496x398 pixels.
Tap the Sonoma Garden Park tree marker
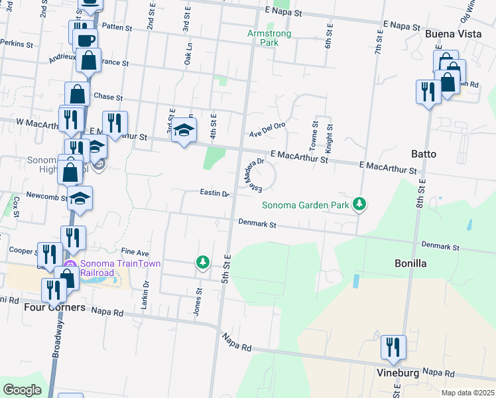(x=359, y=204)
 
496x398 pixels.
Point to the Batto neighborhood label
(x=423, y=154)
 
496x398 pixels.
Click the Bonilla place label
(x=409, y=263)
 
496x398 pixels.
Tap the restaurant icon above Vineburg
(x=393, y=348)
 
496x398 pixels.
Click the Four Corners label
(x=54, y=308)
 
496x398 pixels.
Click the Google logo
(x=23, y=390)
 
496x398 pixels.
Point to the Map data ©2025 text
(x=467, y=393)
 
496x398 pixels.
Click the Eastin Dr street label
(x=214, y=194)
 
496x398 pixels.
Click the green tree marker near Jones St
(x=203, y=263)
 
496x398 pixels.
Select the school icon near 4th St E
(x=184, y=129)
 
